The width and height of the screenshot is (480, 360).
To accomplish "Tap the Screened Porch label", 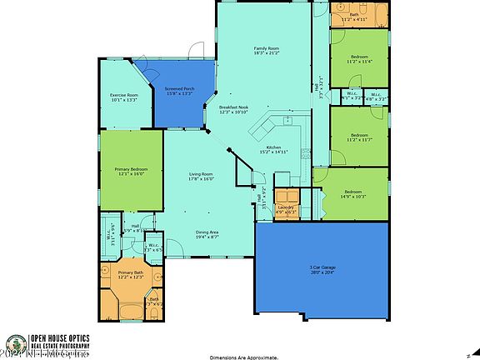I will pyautogui.click(x=178, y=91).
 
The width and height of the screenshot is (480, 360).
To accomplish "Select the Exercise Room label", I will pyautogui.click(x=124, y=98).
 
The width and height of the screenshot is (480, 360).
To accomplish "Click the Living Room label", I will pyautogui.click(x=202, y=176).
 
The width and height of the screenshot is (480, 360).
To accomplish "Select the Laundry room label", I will pyautogui.click(x=286, y=209).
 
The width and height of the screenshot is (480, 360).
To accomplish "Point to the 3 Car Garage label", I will pyautogui.click(x=321, y=270).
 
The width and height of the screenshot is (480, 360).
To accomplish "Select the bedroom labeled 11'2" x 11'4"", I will pyautogui.click(x=360, y=59).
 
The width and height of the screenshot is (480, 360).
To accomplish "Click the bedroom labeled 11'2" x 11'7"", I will pyautogui.click(x=360, y=137).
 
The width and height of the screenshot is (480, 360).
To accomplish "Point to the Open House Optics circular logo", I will pyautogui.click(x=15, y=344).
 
